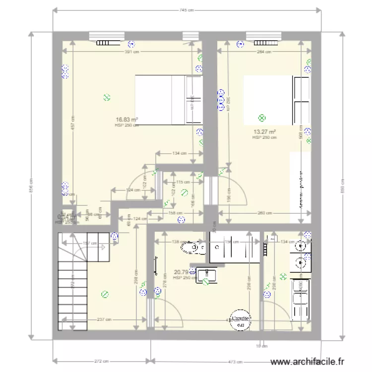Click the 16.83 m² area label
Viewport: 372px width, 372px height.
[x=126, y=120]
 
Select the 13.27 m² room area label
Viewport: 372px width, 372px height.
[x=264, y=132]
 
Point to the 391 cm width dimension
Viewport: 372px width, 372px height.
[x=131, y=52]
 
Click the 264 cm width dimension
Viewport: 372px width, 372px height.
[x=265, y=52]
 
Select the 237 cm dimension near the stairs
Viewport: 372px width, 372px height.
[x=104, y=319]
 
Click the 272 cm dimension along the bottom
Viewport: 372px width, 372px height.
[x=101, y=361]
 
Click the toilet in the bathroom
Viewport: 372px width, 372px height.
[x=191, y=247]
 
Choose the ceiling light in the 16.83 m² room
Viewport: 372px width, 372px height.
[x=106, y=98]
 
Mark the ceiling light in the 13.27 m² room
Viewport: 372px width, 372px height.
[x=262, y=118]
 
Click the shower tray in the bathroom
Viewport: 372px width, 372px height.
[x=234, y=247]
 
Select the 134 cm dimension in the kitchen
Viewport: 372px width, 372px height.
[x=287, y=242]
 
